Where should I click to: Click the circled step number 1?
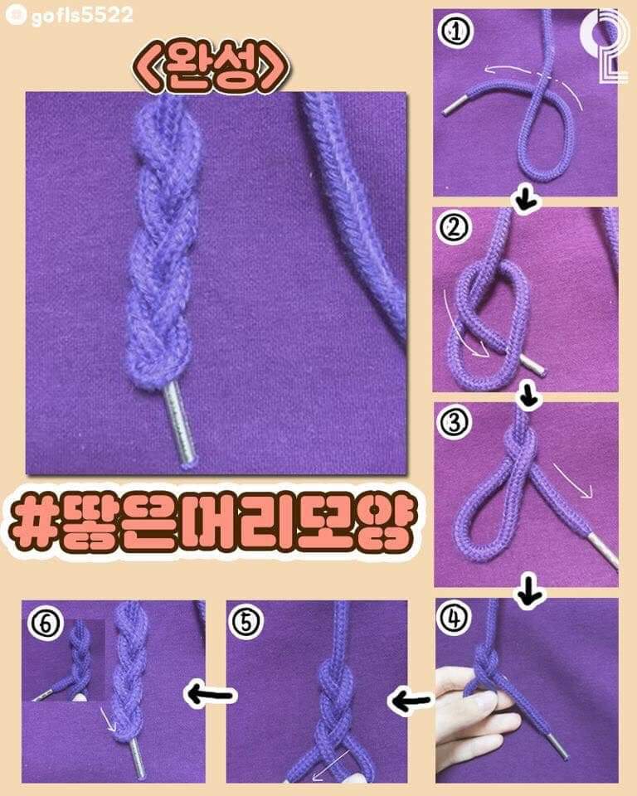pos(453,32)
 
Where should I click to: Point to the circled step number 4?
pos(453,620)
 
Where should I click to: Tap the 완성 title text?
pos(212,69)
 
